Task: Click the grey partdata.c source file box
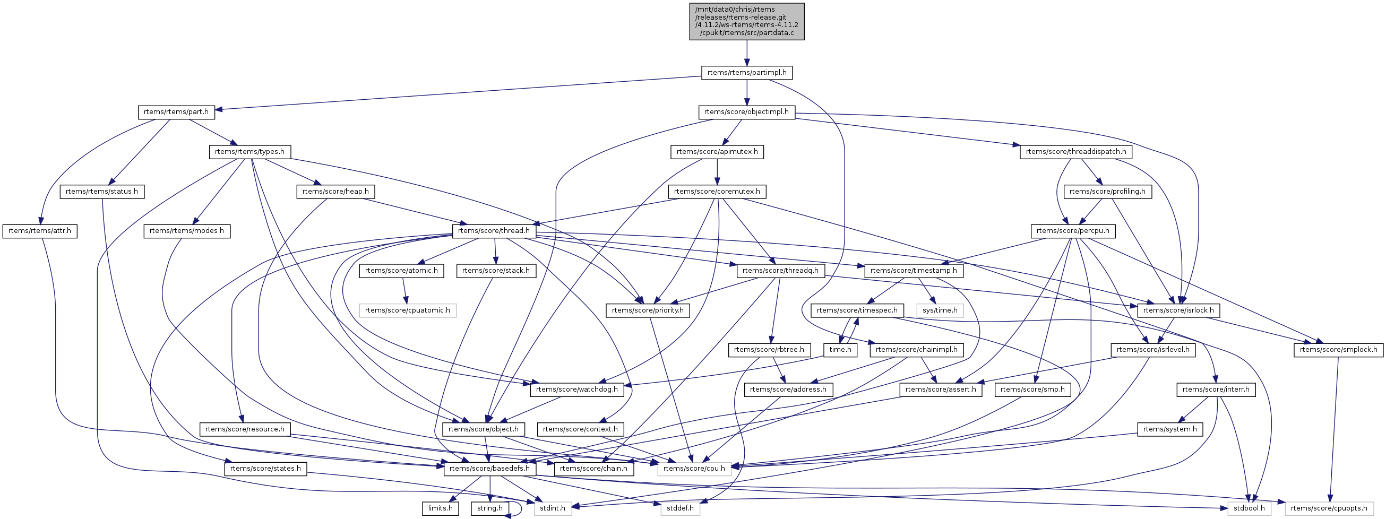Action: (x=746, y=22)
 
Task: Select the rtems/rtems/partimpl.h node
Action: (x=746, y=73)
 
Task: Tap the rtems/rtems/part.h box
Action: (x=176, y=112)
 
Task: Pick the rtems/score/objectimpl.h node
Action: (x=746, y=112)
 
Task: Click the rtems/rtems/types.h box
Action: (x=249, y=152)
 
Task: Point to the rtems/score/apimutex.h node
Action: (x=717, y=152)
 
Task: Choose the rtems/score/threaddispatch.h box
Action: (x=1075, y=152)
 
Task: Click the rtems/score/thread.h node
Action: (x=494, y=231)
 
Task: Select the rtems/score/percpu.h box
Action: (x=1072, y=231)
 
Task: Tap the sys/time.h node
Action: (x=940, y=310)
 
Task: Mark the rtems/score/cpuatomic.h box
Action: (x=407, y=310)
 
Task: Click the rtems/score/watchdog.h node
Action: (x=577, y=390)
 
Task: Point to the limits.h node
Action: (x=440, y=508)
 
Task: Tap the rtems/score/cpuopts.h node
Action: (x=1329, y=508)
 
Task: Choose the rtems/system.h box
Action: (x=1170, y=429)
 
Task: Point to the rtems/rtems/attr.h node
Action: (x=40, y=231)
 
